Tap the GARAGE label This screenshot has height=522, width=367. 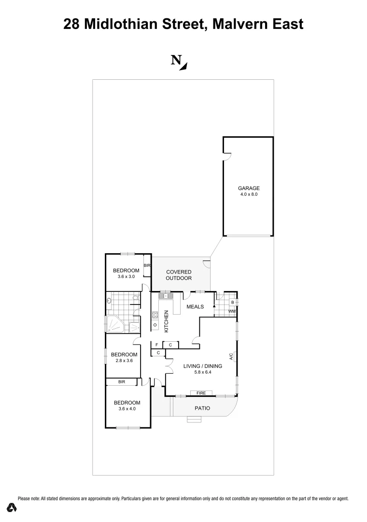pyautogui.click(x=249, y=188)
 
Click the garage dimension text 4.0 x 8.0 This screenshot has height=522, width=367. pyautogui.click(x=249, y=194)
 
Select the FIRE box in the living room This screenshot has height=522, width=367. pyautogui.click(x=201, y=393)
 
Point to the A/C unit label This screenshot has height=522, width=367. pyautogui.click(x=231, y=358)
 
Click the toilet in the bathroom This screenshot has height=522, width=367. pyautogui.click(x=136, y=299)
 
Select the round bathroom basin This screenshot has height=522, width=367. pyautogui.click(x=110, y=301)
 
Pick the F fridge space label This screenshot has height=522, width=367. pyautogui.click(x=156, y=345)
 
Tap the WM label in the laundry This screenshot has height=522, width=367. pyautogui.click(x=232, y=312)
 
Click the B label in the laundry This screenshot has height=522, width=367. pyautogui.click(x=233, y=303)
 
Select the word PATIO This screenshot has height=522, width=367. pyautogui.click(x=202, y=408)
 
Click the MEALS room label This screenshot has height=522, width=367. pyautogui.click(x=195, y=306)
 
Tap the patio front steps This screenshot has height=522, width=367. pyautogui.click(x=195, y=420)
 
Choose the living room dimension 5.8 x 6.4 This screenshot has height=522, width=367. pyautogui.click(x=203, y=372)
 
